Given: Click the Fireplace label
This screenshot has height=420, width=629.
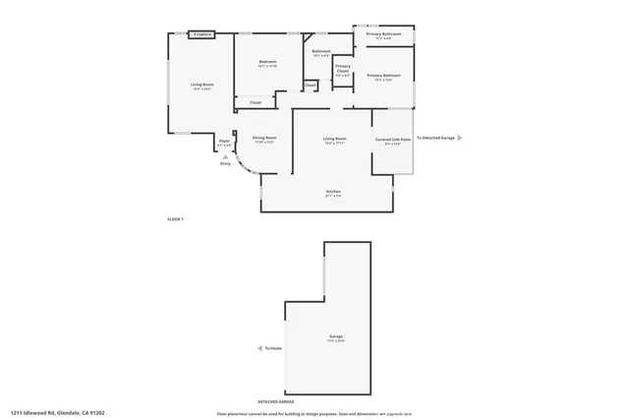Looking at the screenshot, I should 203,34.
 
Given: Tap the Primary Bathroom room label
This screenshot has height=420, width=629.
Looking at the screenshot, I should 384,35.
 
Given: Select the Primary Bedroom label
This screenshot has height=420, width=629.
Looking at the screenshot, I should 384,76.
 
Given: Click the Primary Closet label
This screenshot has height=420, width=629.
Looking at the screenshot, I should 343,69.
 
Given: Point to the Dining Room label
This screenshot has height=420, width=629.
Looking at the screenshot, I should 264,139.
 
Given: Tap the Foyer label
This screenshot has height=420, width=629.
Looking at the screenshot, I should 224,142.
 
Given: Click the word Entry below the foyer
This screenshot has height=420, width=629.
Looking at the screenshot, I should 225,163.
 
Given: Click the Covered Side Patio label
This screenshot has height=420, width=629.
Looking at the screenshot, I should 392,140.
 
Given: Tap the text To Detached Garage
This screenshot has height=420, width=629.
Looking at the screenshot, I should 434,138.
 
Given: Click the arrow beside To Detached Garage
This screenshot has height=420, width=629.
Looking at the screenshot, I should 458,138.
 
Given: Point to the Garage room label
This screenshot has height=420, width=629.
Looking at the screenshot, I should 336,337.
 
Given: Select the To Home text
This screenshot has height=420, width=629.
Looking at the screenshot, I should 272,348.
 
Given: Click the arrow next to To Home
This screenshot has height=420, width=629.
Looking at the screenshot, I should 258,348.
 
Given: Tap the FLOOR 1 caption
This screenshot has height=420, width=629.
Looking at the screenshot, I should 176,218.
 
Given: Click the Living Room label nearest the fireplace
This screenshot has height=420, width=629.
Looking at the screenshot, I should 202,86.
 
